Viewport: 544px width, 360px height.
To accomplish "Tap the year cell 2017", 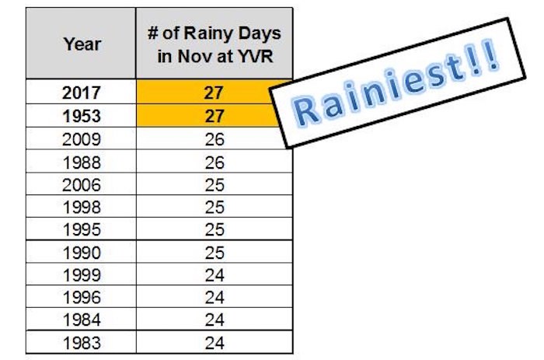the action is [x=81, y=92].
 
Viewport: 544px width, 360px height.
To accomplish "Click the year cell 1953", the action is [x=81, y=116].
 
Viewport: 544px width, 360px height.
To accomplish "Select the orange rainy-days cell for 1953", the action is [x=208, y=116].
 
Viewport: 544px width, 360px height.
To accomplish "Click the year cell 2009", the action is [x=81, y=139].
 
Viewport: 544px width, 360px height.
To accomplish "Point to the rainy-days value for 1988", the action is [x=214, y=163].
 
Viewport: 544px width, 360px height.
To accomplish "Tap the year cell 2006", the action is [x=81, y=184].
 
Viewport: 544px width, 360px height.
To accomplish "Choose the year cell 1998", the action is [x=81, y=207].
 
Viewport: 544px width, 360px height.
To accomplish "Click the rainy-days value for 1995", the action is [x=214, y=229].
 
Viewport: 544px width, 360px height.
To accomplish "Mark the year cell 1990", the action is [x=81, y=252].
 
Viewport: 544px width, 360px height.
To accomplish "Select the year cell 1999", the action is [x=81, y=274].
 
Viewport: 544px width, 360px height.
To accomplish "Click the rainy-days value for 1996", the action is [x=214, y=297].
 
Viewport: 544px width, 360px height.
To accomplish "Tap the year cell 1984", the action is [x=81, y=320].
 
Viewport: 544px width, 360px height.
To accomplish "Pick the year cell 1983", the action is [x=81, y=342].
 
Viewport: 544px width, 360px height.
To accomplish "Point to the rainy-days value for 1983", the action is [x=214, y=343].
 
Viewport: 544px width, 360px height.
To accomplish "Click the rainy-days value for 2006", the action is [x=214, y=184].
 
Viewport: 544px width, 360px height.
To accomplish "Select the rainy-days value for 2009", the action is [x=214, y=139].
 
